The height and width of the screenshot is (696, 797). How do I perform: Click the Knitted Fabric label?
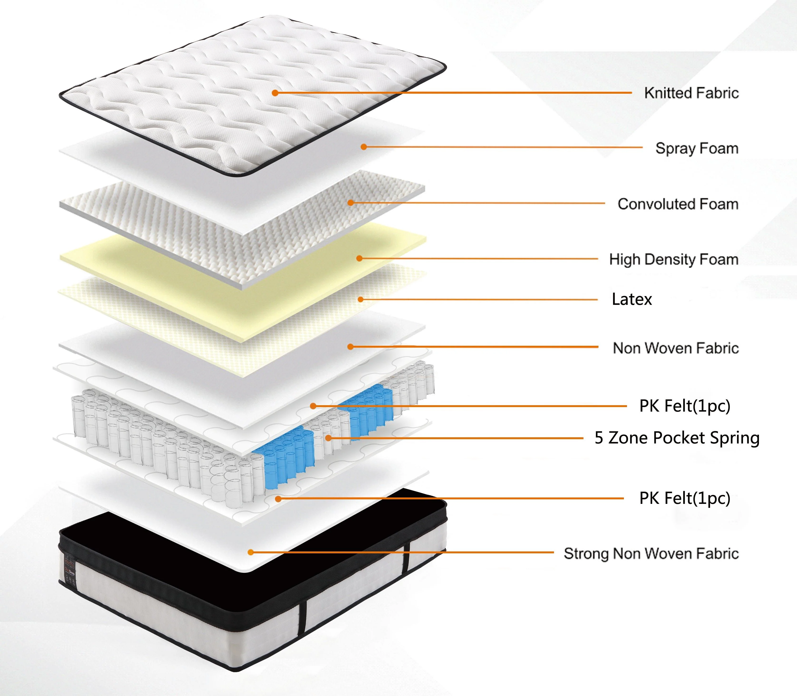coord(691,93)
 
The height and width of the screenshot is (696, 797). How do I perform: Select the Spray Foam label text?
coord(697,148)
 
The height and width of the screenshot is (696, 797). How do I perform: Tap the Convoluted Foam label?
coord(678,204)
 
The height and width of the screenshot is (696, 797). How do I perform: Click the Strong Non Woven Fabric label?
coord(651,554)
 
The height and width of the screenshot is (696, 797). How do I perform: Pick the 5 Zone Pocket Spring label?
coord(677,438)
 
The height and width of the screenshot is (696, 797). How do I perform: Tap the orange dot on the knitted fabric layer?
coord(275,93)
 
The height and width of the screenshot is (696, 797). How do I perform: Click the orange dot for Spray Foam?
coord(364,147)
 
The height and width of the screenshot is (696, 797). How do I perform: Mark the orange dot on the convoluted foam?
coord(351,202)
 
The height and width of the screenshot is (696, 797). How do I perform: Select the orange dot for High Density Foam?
coord(359,258)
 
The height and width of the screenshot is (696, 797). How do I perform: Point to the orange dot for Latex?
coord(360,299)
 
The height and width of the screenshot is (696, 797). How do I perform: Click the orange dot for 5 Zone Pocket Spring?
coord(328,438)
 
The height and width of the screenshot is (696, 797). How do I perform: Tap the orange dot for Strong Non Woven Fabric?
coord(251,552)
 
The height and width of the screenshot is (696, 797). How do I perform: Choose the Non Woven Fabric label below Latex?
coord(676,348)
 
